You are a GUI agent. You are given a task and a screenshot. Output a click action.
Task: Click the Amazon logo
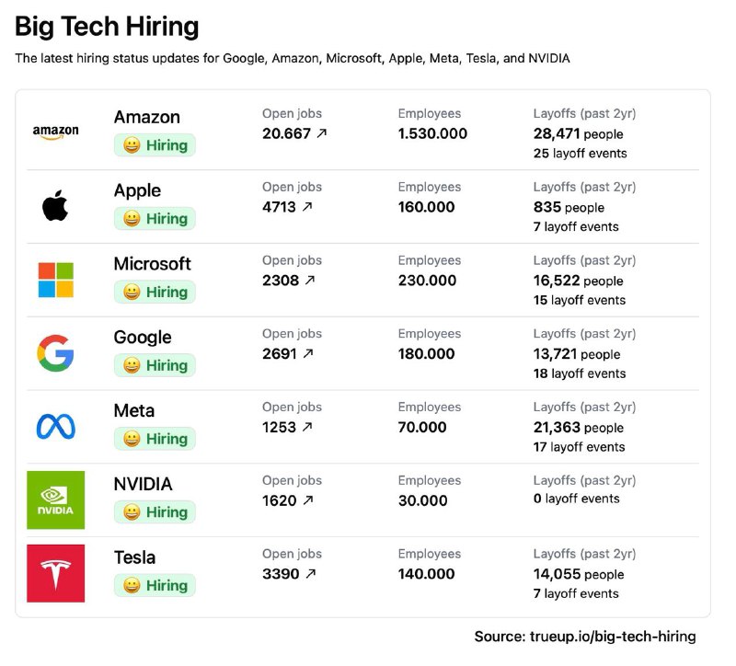[55, 132]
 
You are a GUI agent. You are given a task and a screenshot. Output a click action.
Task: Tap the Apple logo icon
[55, 206]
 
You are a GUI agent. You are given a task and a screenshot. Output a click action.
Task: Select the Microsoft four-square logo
[55, 280]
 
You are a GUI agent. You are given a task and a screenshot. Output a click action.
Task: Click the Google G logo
[55, 353]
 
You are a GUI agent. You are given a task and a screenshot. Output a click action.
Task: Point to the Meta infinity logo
[55, 426]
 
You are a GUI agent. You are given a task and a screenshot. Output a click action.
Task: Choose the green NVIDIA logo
[55, 499]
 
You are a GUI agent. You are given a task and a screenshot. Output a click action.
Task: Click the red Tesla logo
[55, 573]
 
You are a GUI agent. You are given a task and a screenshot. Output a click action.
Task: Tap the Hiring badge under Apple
[155, 218]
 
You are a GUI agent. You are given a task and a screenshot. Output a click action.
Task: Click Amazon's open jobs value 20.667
[286, 133]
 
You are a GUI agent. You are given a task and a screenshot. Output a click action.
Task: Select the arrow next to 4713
[307, 207]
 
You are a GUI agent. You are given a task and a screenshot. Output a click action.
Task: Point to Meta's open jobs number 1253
[279, 427]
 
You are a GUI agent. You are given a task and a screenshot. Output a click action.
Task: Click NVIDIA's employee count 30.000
[422, 500]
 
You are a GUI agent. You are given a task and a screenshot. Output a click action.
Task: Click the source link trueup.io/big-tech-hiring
[612, 637]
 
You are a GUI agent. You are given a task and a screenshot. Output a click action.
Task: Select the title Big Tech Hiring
[107, 26]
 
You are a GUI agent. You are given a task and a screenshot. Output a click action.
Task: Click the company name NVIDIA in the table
[143, 484]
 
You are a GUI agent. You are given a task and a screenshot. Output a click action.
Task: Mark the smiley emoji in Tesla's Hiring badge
[132, 585]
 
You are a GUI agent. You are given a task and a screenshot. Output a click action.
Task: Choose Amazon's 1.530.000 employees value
[432, 133]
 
